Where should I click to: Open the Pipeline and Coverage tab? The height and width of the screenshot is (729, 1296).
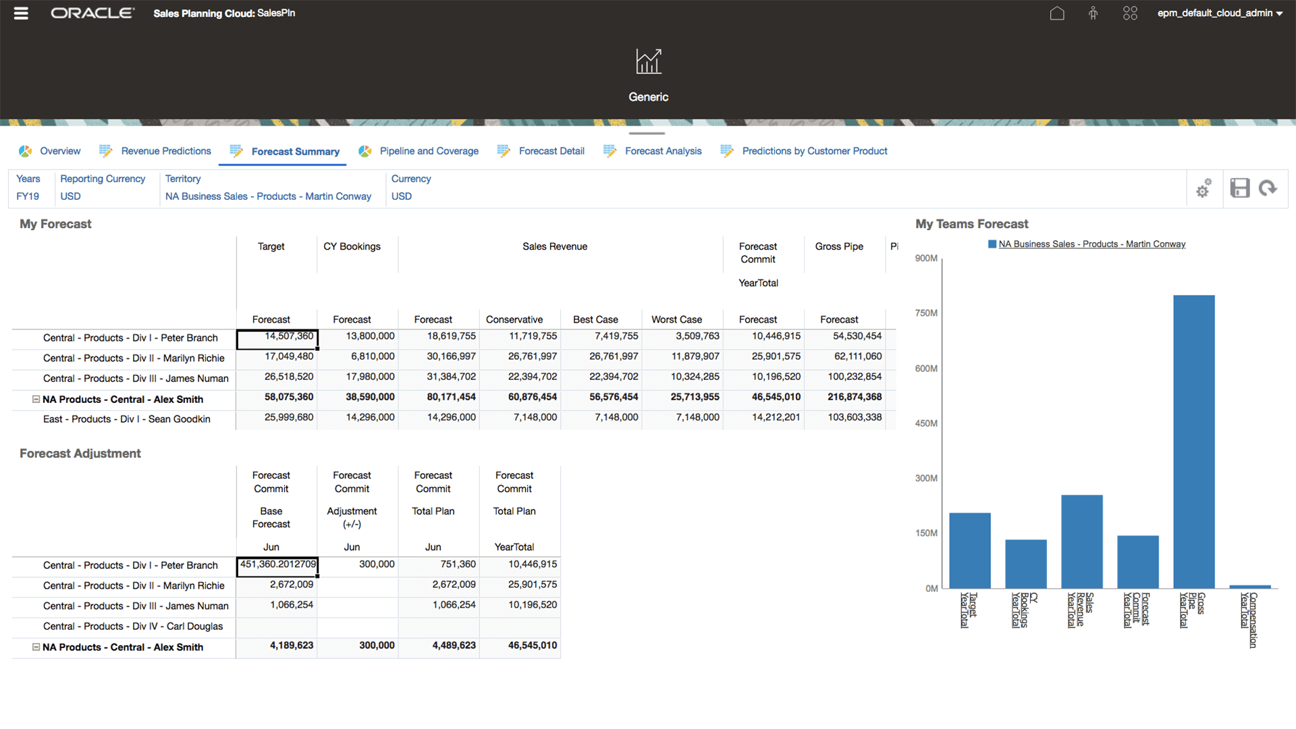(429, 151)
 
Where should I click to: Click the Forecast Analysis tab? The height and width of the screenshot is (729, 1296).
(663, 151)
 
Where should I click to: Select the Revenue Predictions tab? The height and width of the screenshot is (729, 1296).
(165, 151)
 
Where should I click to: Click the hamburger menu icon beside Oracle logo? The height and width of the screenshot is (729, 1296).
(21, 13)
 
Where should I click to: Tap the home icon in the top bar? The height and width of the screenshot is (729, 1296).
(1057, 13)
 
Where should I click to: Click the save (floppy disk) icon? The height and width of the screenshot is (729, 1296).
(1239, 188)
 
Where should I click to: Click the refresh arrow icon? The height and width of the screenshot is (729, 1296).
(1268, 188)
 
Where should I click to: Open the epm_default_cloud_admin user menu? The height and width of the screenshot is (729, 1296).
(1219, 13)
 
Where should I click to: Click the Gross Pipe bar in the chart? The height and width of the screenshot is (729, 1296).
(1193, 442)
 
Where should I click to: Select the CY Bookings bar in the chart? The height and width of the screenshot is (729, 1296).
(1025, 564)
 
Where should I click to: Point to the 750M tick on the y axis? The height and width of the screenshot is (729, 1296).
(926, 313)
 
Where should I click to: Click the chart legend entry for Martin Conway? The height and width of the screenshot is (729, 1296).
(1091, 244)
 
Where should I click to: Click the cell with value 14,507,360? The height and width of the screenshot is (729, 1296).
(277, 337)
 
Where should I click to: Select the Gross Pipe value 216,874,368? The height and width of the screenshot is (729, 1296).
(854, 398)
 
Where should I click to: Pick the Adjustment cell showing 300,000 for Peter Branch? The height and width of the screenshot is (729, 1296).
(358, 564)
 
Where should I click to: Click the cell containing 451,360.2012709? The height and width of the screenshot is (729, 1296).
(277, 564)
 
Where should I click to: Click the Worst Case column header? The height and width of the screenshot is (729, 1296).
(676, 320)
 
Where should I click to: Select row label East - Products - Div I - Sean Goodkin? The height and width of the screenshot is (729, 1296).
(126, 419)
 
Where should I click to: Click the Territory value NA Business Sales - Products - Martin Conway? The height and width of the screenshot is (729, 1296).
(268, 196)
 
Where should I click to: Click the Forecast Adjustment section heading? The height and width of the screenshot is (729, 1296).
(80, 454)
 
